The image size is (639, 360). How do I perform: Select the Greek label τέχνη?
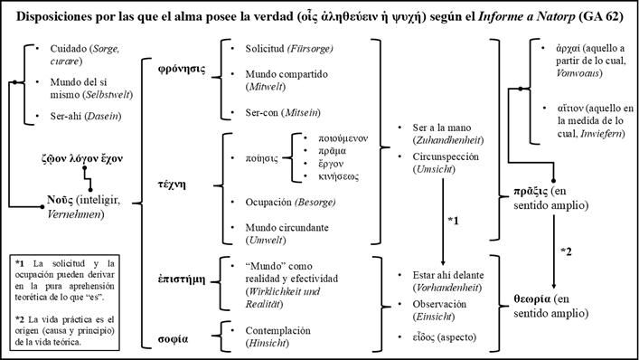174,181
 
